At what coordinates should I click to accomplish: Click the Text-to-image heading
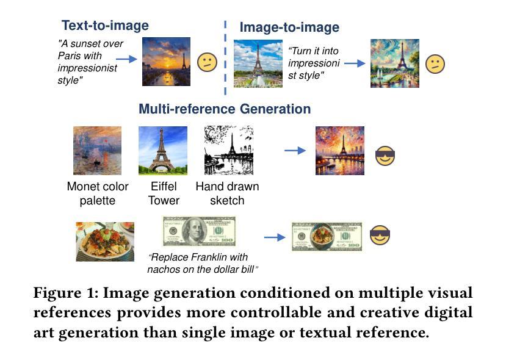[105, 26]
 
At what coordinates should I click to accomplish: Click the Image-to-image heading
[289, 27]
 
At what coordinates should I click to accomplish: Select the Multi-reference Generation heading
[225, 109]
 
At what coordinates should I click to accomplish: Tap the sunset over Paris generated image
[166, 61]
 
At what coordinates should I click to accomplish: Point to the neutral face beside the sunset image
[207, 62]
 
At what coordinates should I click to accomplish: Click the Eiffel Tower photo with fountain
[258, 63]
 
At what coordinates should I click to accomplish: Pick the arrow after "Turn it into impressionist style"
[355, 63]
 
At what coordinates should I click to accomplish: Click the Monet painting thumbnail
[98, 151]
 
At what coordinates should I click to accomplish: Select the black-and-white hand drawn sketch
[229, 150]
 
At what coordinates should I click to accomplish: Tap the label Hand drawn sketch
[227, 193]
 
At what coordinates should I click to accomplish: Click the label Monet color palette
[98, 193]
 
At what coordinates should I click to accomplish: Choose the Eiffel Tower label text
[164, 193]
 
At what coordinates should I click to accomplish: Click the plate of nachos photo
[105, 242]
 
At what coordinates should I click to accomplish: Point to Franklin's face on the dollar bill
[194, 231]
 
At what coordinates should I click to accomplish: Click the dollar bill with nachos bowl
[327, 237]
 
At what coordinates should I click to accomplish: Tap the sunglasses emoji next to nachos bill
[380, 235]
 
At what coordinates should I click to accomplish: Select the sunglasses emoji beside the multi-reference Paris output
[385, 156]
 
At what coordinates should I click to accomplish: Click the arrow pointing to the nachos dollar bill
[275, 237]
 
